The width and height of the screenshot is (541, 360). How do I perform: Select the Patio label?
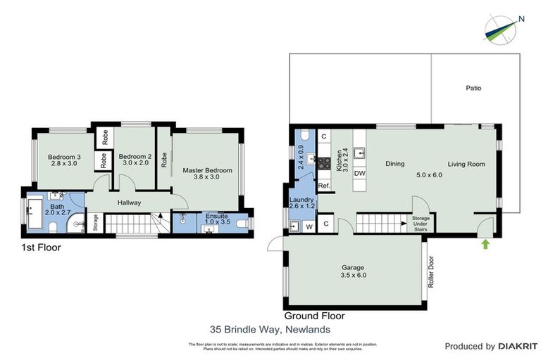click(473, 89)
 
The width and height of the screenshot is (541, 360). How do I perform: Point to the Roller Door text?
click(430, 271)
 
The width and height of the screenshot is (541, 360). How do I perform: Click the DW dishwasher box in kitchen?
click(359, 173)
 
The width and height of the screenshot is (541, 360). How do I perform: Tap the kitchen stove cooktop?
click(324, 163)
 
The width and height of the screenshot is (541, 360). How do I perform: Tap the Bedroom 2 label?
click(135, 160)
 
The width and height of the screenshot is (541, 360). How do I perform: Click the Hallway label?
click(129, 202)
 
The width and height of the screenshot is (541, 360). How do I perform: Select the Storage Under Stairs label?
click(421, 223)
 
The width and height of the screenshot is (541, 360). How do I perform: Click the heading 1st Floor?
click(41, 247)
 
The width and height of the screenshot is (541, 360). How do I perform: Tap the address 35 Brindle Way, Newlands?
click(270, 328)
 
